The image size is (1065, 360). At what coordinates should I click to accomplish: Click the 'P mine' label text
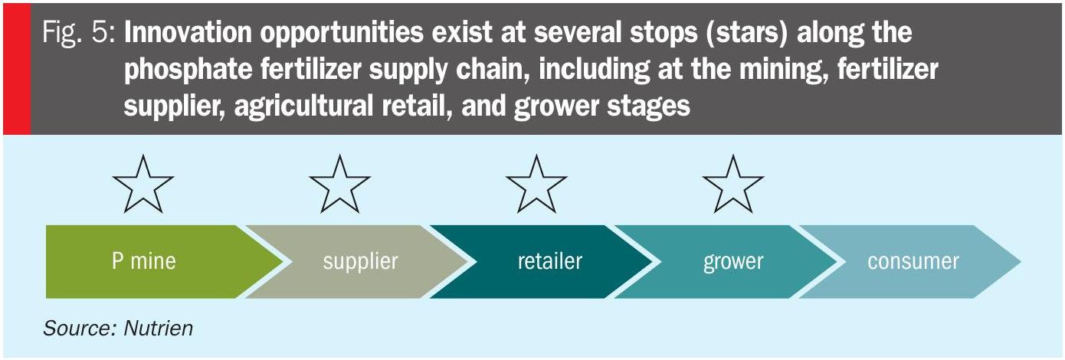click(144, 261)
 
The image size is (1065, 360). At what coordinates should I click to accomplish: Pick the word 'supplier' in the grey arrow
click(360, 262)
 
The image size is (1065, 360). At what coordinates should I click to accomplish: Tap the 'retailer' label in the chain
click(550, 261)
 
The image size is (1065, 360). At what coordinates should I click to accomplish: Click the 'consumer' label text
click(913, 262)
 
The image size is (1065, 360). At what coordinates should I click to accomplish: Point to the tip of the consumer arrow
click(1021, 261)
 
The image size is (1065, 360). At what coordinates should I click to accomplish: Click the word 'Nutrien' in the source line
click(159, 328)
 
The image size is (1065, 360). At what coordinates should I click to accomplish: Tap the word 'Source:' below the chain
click(80, 328)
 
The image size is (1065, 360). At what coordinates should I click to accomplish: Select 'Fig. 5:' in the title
click(78, 33)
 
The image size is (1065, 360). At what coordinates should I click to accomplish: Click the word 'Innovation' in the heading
click(188, 32)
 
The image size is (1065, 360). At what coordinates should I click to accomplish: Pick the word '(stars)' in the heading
click(747, 33)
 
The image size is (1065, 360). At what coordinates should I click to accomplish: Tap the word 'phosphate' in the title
click(188, 70)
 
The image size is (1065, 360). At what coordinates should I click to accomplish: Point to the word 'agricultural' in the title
click(303, 106)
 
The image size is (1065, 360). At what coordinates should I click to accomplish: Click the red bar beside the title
click(17, 69)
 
